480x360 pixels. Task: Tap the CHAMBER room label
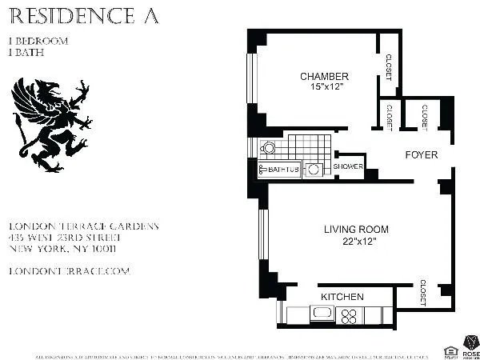point(324,77)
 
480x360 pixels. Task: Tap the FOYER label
point(421,154)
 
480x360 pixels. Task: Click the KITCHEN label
point(342,297)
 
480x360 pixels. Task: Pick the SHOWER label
point(348,167)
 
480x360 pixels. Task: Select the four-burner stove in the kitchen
point(349,314)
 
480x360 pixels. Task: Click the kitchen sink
point(319,313)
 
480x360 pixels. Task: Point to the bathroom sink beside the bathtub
point(315,170)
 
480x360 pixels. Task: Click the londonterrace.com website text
point(68,271)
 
